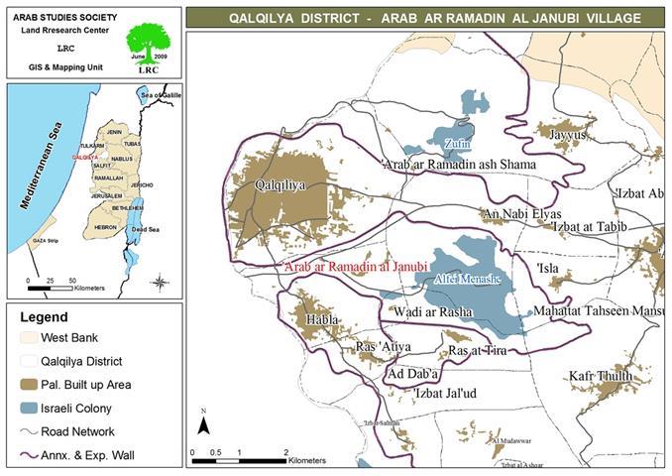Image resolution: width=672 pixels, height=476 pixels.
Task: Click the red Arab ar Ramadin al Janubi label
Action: point(354,267)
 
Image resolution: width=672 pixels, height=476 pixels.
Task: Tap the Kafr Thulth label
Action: point(601,376)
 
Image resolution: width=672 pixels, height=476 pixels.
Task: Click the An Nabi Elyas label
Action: point(520,214)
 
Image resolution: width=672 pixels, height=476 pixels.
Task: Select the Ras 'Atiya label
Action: point(382,347)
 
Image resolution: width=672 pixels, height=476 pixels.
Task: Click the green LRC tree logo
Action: point(146,45)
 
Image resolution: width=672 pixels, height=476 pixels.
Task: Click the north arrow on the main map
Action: point(203,424)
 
